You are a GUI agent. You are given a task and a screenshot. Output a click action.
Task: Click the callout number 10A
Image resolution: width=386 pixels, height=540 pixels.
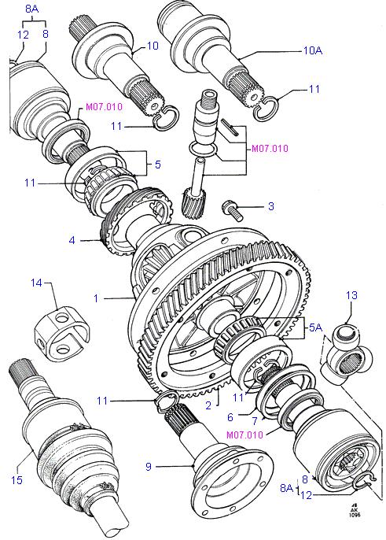[x=312, y=50]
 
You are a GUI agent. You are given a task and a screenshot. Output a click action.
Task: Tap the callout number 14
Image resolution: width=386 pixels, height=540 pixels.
[x=36, y=283]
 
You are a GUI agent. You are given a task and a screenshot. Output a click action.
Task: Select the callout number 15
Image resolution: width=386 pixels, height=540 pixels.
[x=17, y=479]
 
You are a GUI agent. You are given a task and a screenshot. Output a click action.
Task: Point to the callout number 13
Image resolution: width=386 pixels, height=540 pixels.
[x=351, y=295]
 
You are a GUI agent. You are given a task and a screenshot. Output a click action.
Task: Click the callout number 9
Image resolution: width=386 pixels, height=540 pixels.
[x=149, y=467]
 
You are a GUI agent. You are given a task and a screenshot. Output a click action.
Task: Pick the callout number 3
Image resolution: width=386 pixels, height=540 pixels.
[x=271, y=206]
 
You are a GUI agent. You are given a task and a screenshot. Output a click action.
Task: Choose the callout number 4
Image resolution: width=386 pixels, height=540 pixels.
[x=72, y=240]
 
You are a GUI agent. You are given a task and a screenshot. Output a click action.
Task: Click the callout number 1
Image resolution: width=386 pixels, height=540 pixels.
[x=96, y=298]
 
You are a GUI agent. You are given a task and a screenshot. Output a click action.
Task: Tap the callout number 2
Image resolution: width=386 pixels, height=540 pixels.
[x=208, y=405]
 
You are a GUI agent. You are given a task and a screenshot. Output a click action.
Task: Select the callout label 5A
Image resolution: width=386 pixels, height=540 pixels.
[x=315, y=327]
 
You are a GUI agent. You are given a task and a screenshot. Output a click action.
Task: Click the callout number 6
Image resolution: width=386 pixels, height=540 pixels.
[x=230, y=417]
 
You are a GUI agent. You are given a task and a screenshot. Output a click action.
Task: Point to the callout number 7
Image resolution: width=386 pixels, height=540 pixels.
[x=255, y=421]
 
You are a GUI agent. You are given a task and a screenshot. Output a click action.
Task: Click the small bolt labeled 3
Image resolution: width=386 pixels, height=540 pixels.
[x=233, y=209]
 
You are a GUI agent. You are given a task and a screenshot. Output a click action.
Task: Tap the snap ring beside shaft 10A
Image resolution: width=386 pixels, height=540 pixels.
[x=266, y=107]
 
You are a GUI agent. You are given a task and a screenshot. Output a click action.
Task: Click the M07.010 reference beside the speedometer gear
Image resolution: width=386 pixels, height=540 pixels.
[x=270, y=149]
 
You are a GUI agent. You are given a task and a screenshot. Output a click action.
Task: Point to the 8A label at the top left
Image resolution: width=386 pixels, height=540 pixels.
[x=31, y=9]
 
